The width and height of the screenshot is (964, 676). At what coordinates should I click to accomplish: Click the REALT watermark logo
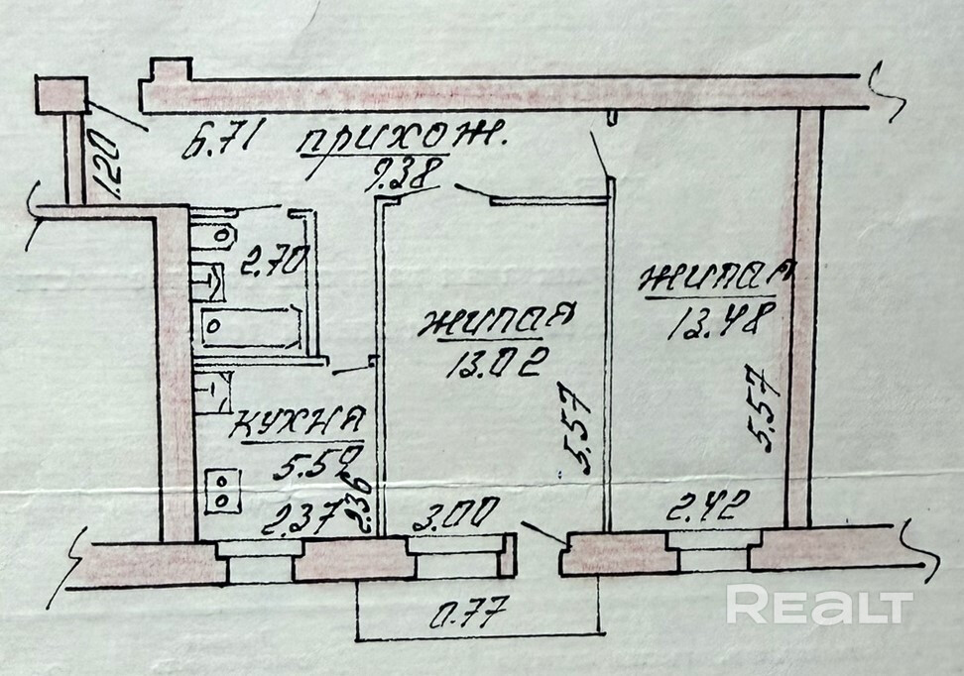818,604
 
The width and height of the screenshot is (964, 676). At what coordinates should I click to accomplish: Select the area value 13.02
493,366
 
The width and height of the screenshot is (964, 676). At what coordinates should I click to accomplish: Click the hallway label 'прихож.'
401,142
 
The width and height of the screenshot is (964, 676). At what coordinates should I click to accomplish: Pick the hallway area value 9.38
401,177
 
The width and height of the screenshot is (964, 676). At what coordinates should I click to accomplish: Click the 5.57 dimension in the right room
766,406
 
